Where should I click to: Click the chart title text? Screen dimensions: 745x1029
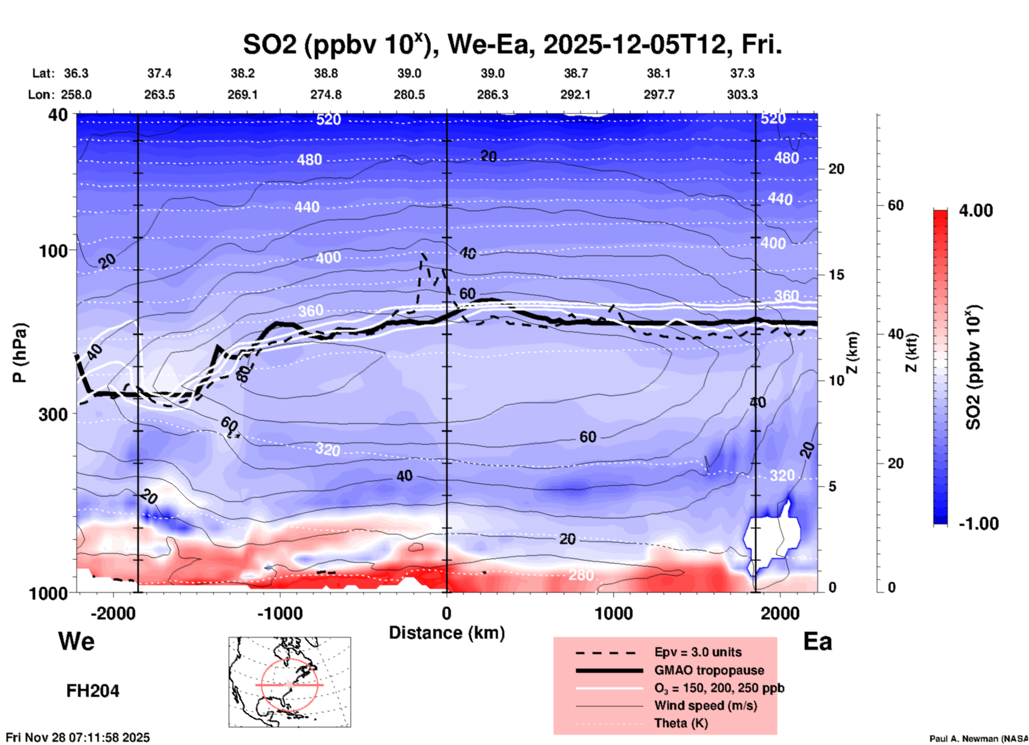(x=512, y=45)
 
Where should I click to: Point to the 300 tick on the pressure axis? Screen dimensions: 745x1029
(x=53, y=414)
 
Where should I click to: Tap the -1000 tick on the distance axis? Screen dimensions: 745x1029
(x=279, y=613)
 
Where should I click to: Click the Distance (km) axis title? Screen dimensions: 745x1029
(x=447, y=633)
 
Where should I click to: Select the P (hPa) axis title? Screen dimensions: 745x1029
(x=19, y=353)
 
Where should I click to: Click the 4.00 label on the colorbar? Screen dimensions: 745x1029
(x=976, y=211)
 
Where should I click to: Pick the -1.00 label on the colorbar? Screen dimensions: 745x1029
(x=978, y=524)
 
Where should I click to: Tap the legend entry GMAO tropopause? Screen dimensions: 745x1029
(x=709, y=670)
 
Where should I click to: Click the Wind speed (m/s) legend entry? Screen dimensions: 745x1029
(x=705, y=705)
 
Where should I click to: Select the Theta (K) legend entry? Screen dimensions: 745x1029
(x=681, y=723)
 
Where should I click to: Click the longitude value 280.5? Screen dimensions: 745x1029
(x=409, y=95)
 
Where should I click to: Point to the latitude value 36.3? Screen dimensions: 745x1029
(x=76, y=73)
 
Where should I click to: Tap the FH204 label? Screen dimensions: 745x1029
(x=92, y=691)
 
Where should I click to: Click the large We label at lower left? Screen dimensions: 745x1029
(x=76, y=641)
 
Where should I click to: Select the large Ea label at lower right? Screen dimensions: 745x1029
(x=817, y=641)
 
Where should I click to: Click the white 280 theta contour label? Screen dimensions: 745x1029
(x=581, y=575)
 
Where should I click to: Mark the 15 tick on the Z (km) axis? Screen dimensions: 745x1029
(x=836, y=275)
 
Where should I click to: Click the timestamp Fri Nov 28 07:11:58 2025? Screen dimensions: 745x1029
(x=78, y=738)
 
